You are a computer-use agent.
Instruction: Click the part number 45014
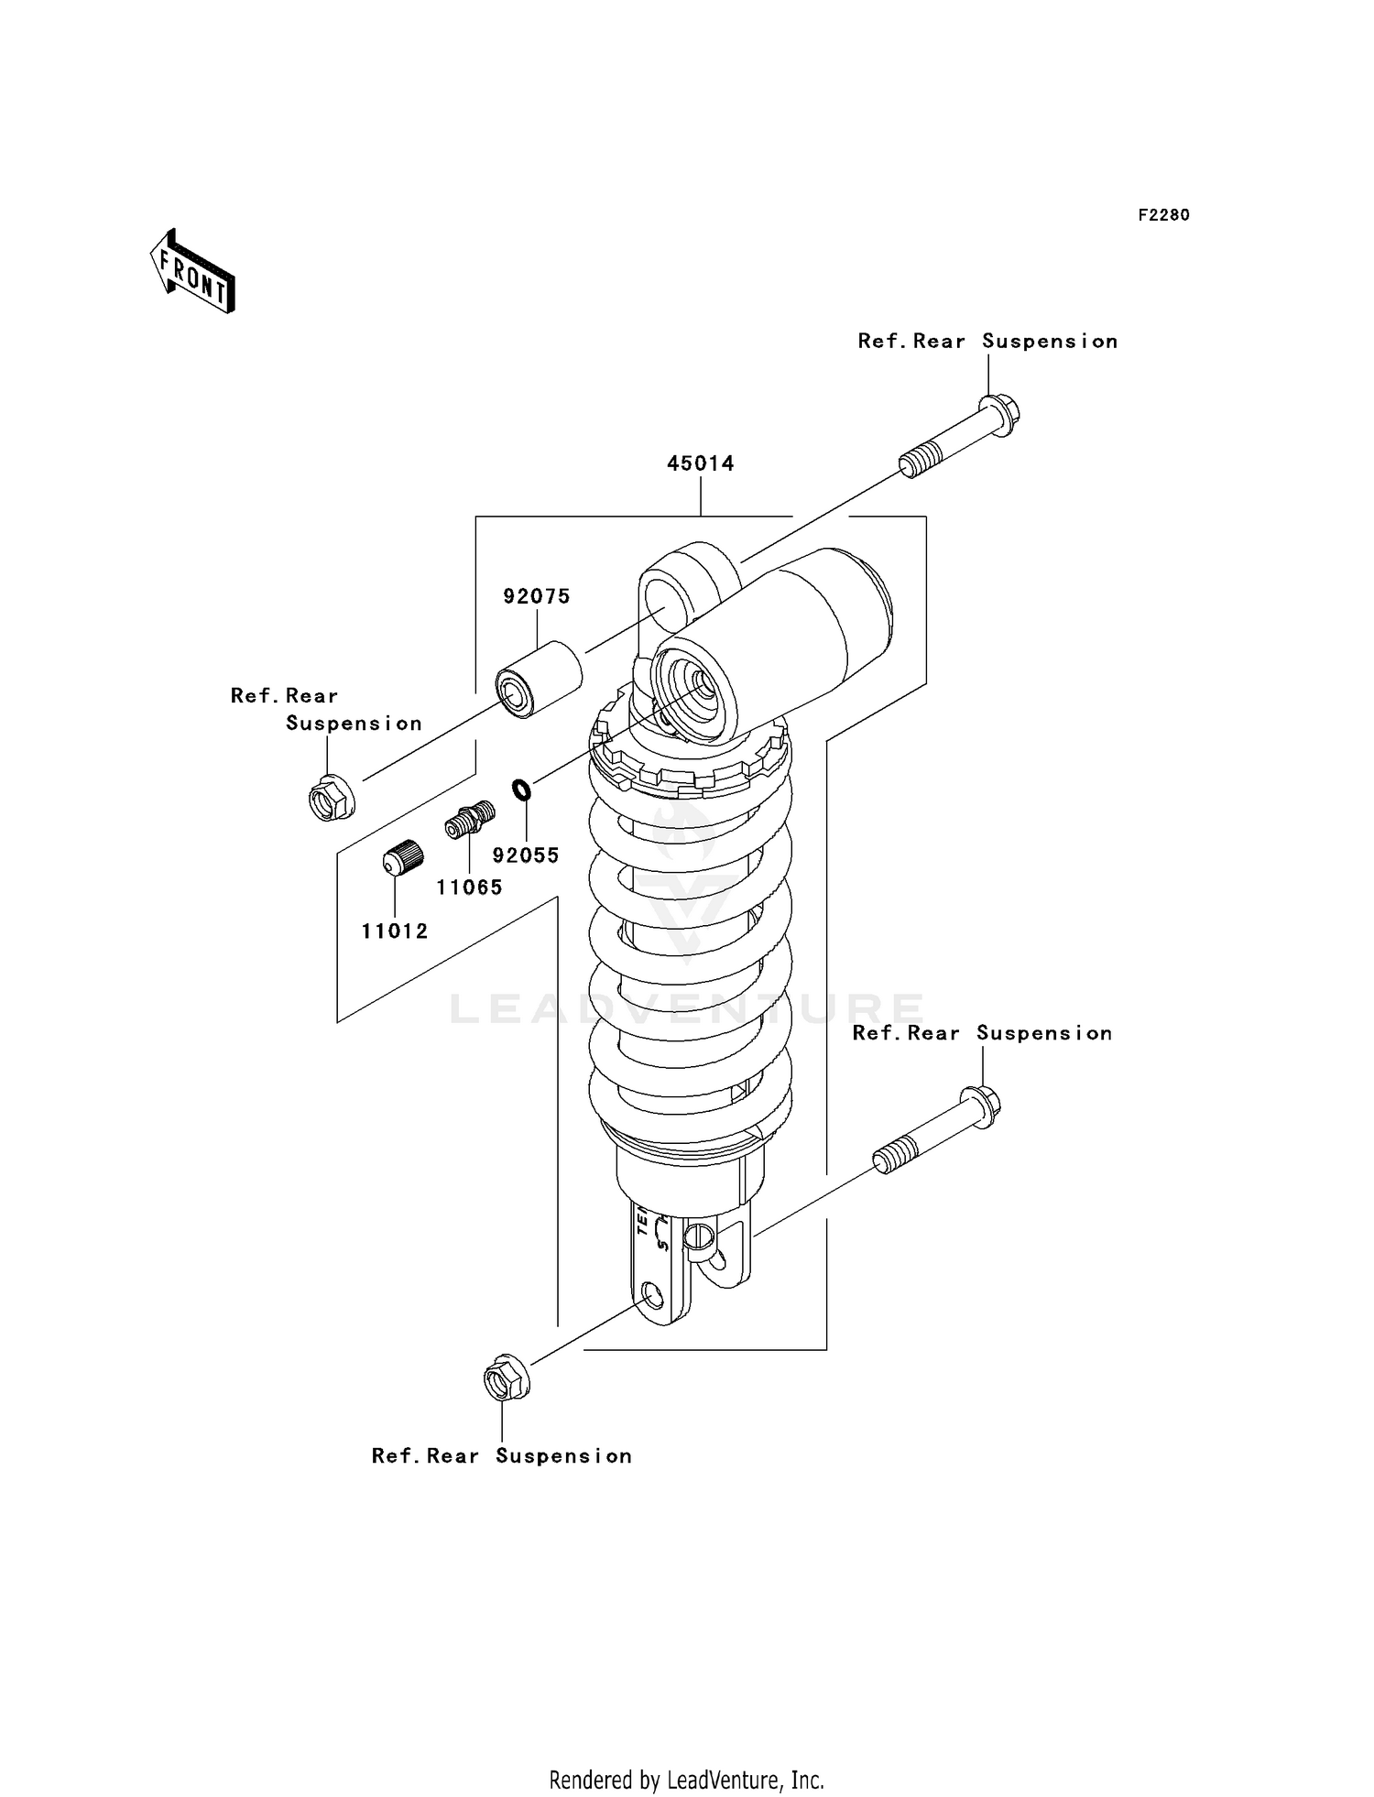(700, 463)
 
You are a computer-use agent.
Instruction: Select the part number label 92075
(537, 596)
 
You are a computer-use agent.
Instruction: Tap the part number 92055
(525, 855)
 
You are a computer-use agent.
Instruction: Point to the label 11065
(469, 887)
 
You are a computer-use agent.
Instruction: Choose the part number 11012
(395, 931)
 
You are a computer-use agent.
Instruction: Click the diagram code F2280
(1163, 215)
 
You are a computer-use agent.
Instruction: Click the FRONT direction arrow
(193, 273)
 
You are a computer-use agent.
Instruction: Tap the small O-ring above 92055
(521, 789)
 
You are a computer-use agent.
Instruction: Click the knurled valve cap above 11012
(402, 858)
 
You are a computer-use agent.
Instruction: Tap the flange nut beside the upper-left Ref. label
(331, 798)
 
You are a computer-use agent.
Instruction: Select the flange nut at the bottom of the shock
(502, 1378)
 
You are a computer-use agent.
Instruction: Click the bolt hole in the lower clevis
(652, 1296)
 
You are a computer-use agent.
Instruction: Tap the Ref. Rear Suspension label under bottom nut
(501, 1456)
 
